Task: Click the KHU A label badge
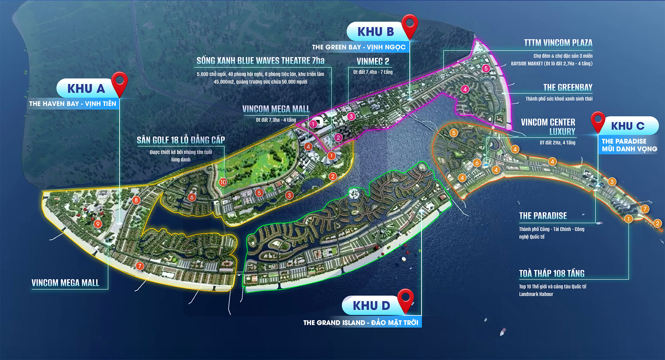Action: [x=86, y=89]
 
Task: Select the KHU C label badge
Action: [x=628, y=126]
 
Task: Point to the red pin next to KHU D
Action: [x=406, y=299]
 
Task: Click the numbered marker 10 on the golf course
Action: [x=223, y=182]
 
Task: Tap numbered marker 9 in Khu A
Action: [x=97, y=224]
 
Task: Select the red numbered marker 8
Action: [x=136, y=200]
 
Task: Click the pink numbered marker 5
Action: [x=486, y=68]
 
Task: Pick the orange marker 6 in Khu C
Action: [x=477, y=163]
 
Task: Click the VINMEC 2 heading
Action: [x=373, y=61]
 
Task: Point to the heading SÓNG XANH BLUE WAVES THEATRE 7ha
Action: [x=260, y=61]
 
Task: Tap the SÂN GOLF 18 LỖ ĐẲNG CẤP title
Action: [x=181, y=140]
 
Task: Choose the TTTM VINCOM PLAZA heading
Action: [x=558, y=43]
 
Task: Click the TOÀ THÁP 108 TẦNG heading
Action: [x=552, y=274]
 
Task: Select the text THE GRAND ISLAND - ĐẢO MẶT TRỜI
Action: [x=361, y=323]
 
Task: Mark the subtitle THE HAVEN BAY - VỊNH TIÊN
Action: [x=73, y=104]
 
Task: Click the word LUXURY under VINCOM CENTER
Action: [x=562, y=132]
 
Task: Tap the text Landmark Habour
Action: [x=536, y=294]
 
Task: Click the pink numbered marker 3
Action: [x=351, y=116]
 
